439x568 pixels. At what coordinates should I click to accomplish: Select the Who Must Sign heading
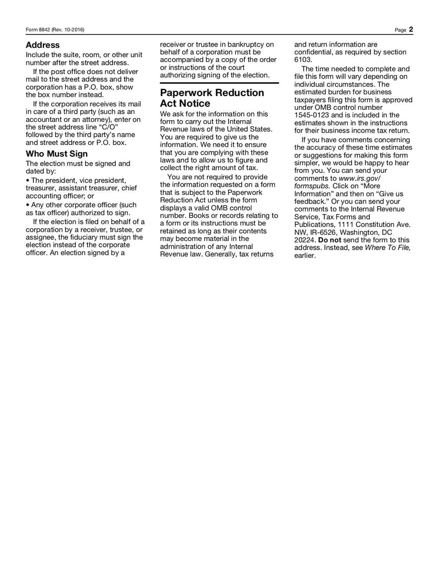tap(57, 154)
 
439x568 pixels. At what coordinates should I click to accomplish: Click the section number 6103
tap(303, 59)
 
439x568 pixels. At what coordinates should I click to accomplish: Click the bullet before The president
tap(28, 180)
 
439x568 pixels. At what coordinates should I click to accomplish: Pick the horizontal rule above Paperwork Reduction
tap(219, 83)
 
